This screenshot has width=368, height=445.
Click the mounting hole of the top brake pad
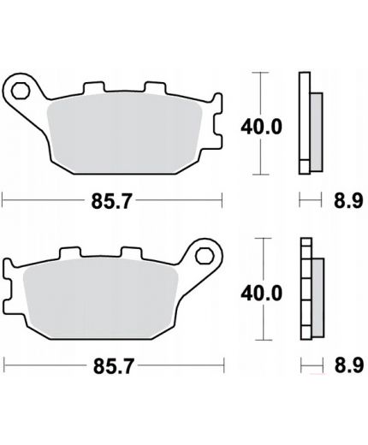tap(21, 91)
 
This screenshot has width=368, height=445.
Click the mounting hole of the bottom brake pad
tap(205, 256)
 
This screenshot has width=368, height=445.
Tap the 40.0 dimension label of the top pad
tap(261, 127)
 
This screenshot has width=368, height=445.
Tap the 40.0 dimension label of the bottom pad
tap(262, 294)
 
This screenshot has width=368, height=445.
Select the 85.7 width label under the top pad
tap(111, 201)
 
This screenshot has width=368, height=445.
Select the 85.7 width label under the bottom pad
tap(114, 366)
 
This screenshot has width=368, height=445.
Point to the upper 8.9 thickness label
tap(348, 200)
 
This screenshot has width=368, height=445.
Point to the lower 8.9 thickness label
tap(349, 365)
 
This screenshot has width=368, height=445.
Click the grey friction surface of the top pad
tap(124, 133)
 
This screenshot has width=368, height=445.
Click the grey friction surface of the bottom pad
tap(101, 298)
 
